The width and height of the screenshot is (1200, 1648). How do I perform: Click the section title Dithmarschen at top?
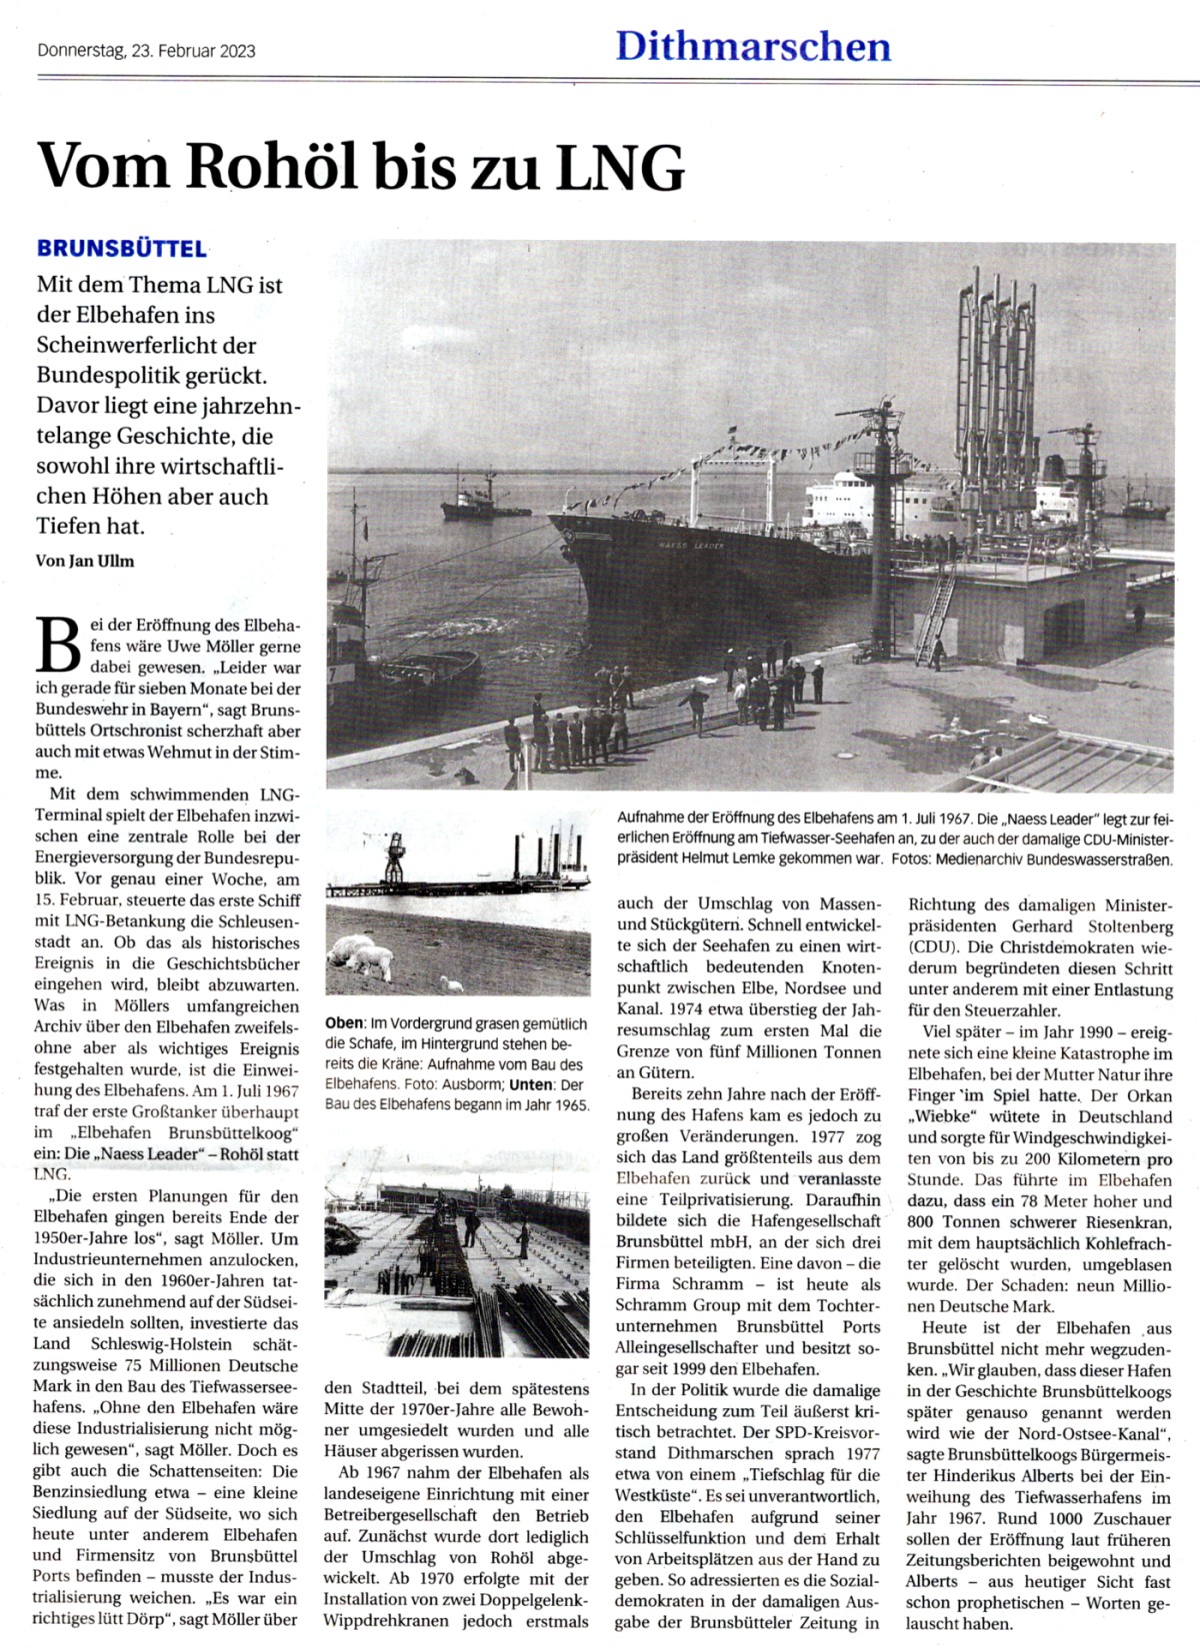[752, 47]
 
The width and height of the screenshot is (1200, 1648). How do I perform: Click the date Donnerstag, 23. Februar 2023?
[146, 51]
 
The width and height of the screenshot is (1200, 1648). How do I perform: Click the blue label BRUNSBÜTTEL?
[121, 249]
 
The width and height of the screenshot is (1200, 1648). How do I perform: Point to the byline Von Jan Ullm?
[85, 561]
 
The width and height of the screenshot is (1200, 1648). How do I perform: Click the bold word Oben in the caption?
[344, 1024]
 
